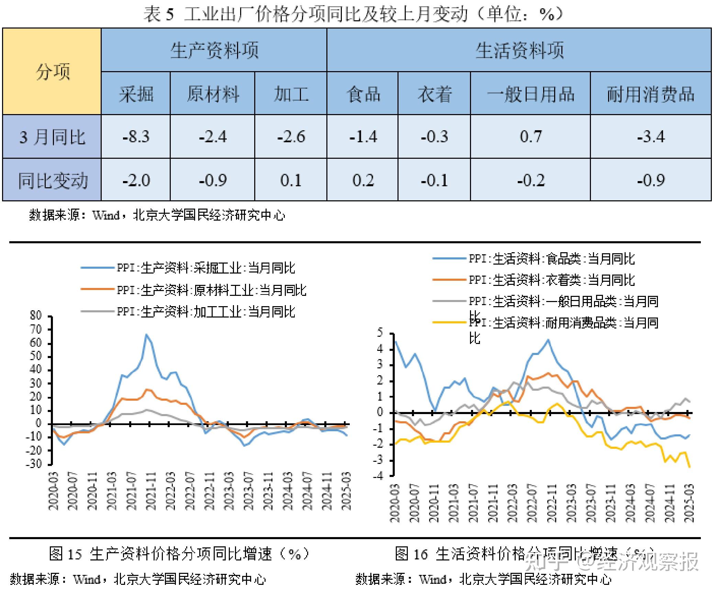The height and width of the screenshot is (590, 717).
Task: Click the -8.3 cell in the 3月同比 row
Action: point(136,137)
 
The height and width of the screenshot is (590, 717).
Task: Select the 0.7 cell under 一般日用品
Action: point(530,137)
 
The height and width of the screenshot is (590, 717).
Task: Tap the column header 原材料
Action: point(212,94)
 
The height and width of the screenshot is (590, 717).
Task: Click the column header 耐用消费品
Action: point(650,94)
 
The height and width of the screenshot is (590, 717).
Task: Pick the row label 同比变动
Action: point(52,180)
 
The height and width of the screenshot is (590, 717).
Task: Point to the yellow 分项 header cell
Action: point(52,71)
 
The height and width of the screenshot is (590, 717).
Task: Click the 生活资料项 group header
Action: point(519,51)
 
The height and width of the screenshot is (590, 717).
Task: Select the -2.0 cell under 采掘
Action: point(136,180)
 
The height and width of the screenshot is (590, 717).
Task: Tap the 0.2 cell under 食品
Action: point(362,180)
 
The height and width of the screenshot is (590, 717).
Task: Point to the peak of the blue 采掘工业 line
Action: point(146,334)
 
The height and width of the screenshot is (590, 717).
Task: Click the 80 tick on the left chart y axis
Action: point(35,315)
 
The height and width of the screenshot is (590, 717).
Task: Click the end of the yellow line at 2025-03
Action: point(690,467)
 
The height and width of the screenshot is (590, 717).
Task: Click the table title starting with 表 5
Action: point(354,14)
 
